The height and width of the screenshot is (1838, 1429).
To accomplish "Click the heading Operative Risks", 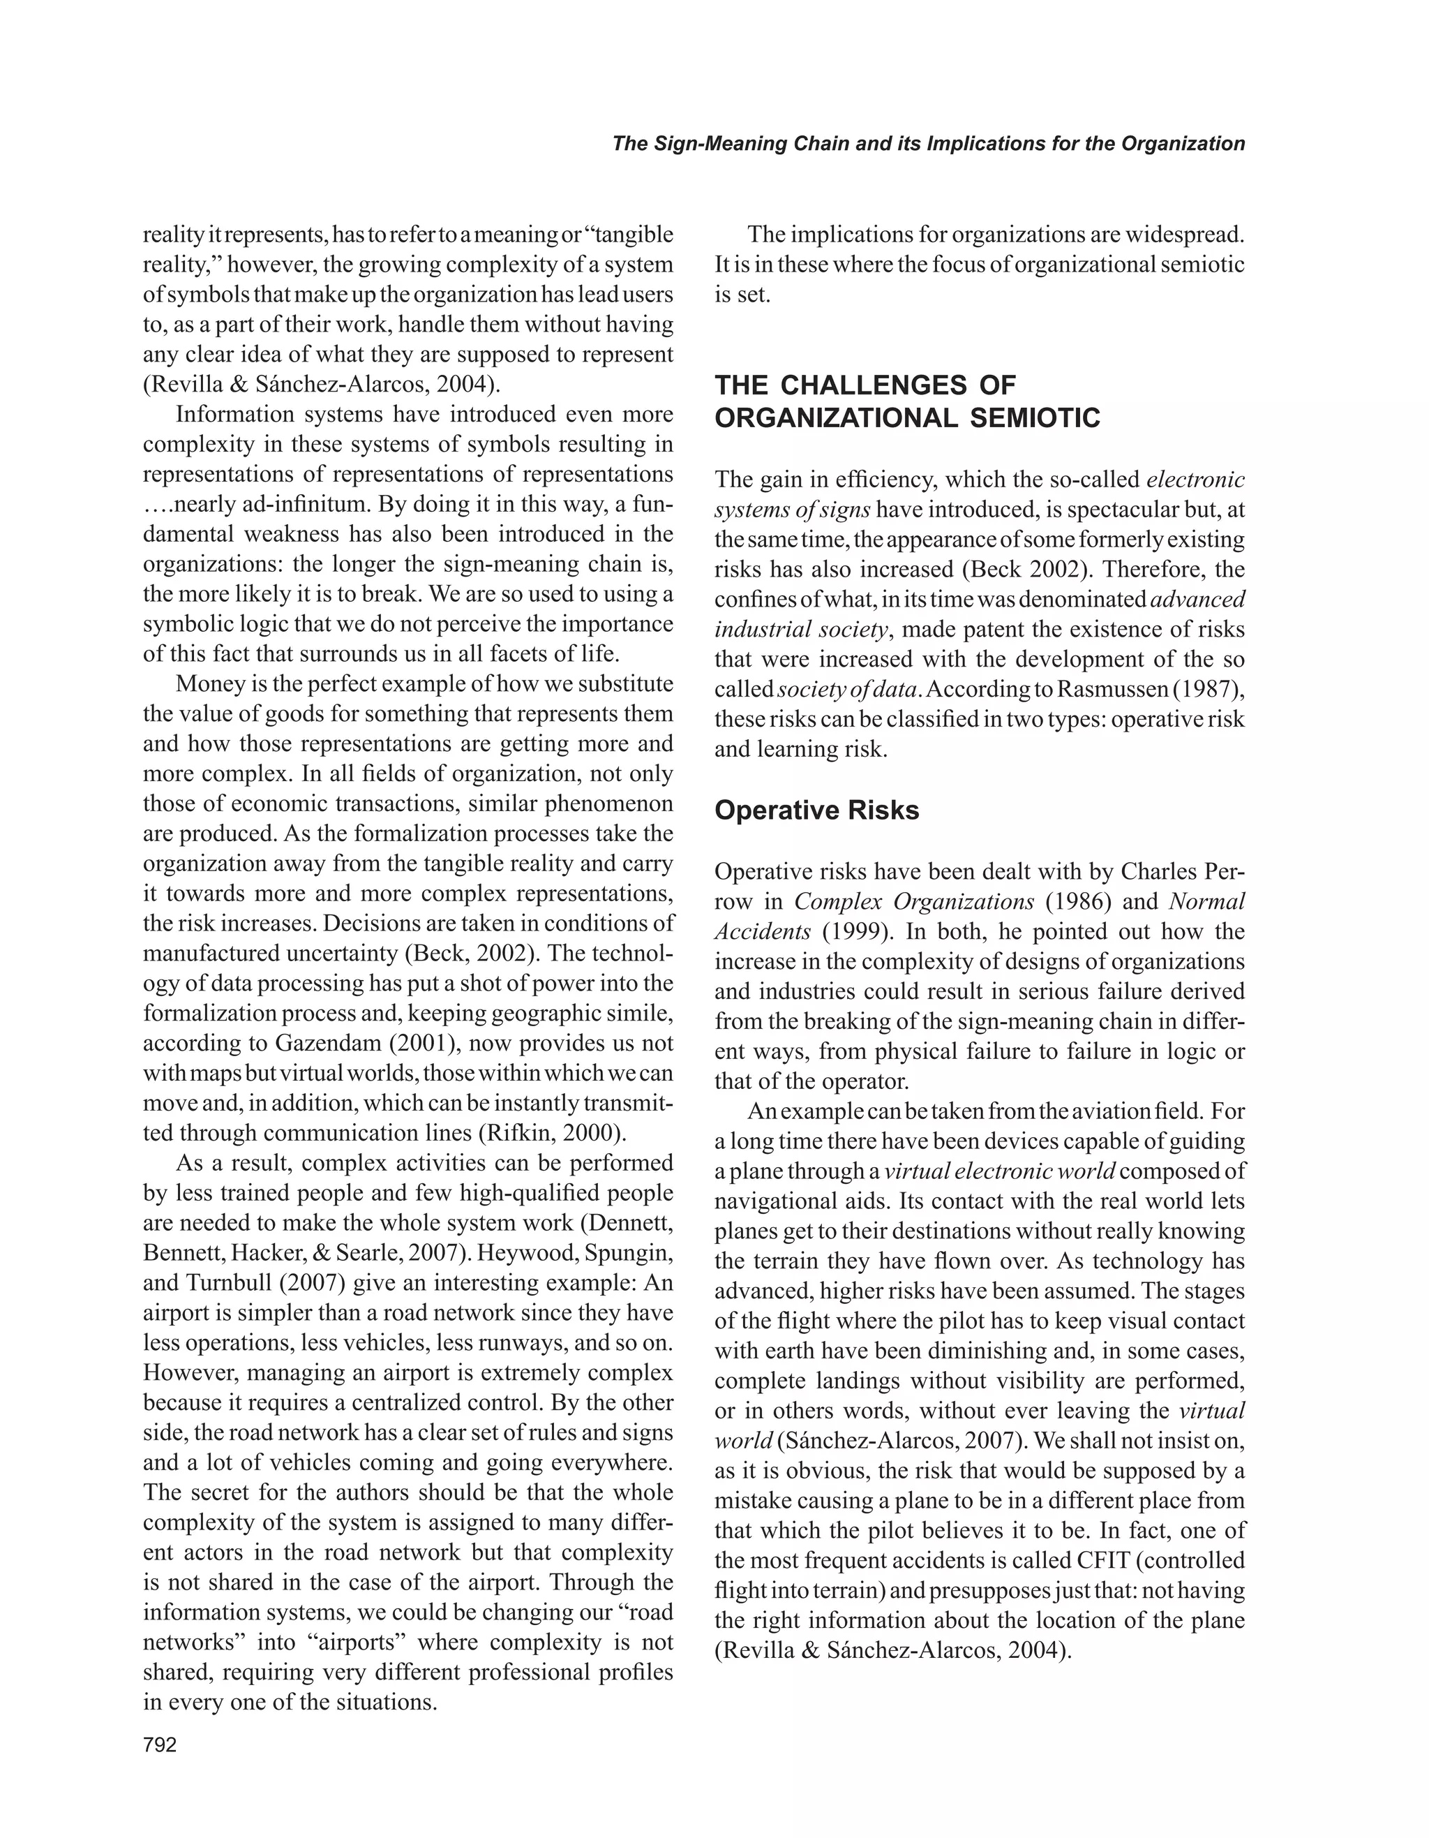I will point(816,810).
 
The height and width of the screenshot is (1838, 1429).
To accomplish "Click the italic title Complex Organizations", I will point(913,901).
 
